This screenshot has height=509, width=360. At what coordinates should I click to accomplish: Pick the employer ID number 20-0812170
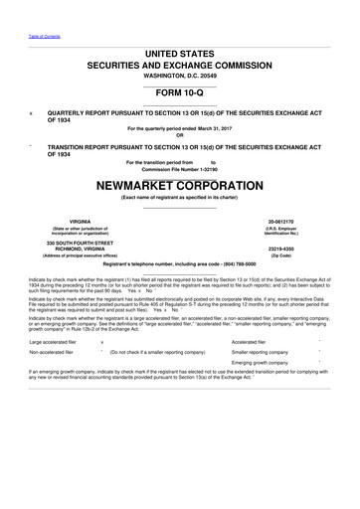coord(283,223)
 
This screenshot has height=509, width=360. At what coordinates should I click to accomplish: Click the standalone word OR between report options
coord(180,136)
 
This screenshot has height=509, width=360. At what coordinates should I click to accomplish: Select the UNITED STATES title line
coord(180,52)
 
